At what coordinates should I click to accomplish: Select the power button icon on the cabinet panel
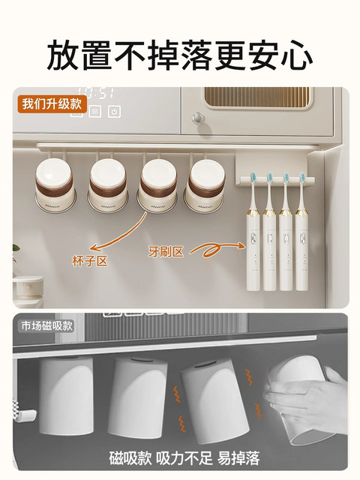(115, 112)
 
